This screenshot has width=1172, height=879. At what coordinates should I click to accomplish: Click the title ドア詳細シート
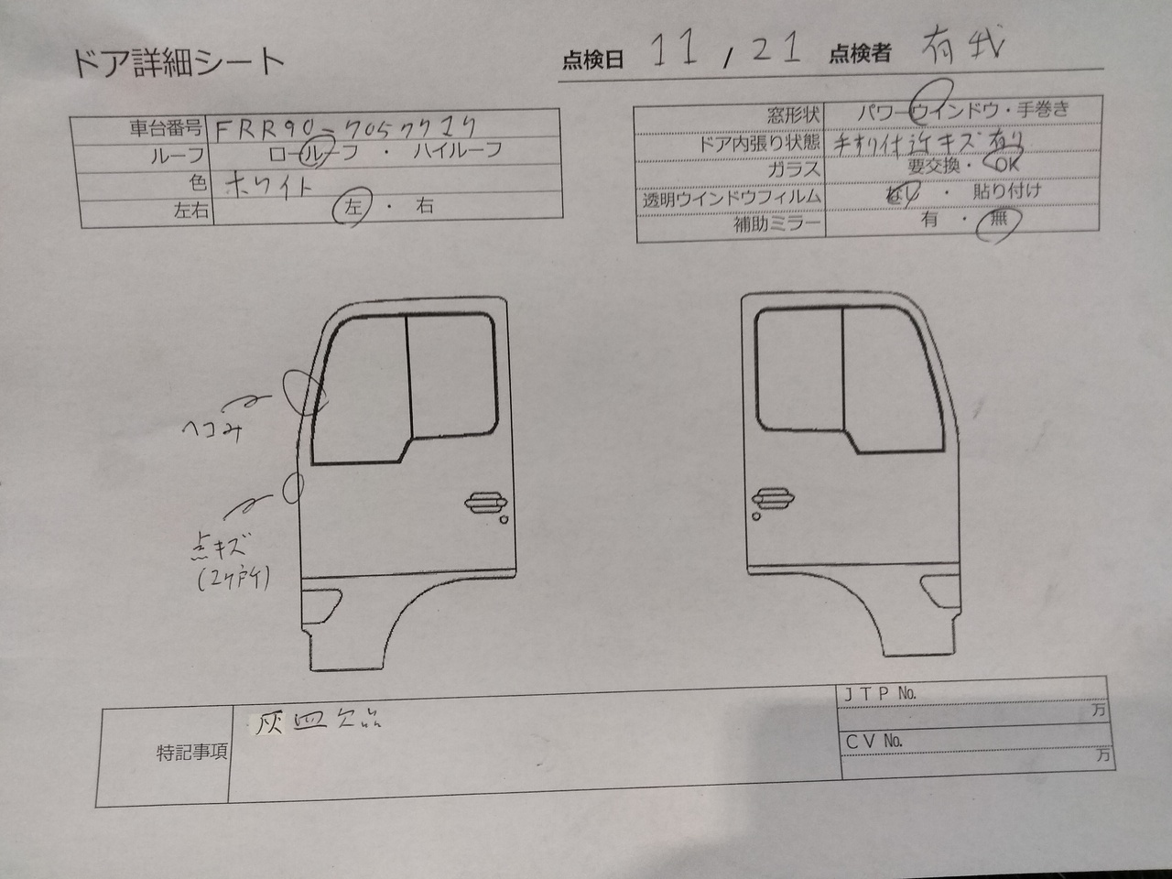point(178,61)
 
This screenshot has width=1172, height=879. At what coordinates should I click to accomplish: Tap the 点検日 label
point(592,60)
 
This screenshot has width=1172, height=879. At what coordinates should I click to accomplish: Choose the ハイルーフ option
point(458,150)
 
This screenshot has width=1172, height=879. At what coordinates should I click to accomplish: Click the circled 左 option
point(353,207)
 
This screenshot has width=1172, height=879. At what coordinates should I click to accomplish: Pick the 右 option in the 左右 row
point(425,207)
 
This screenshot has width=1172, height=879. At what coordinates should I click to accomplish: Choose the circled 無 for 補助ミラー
point(996,222)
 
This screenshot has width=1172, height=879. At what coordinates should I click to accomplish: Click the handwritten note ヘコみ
point(212,430)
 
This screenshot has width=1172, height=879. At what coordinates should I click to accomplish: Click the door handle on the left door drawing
point(485,502)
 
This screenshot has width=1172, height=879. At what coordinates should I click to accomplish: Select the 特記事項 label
point(191,753)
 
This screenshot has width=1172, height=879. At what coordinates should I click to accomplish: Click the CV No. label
point(874,740)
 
